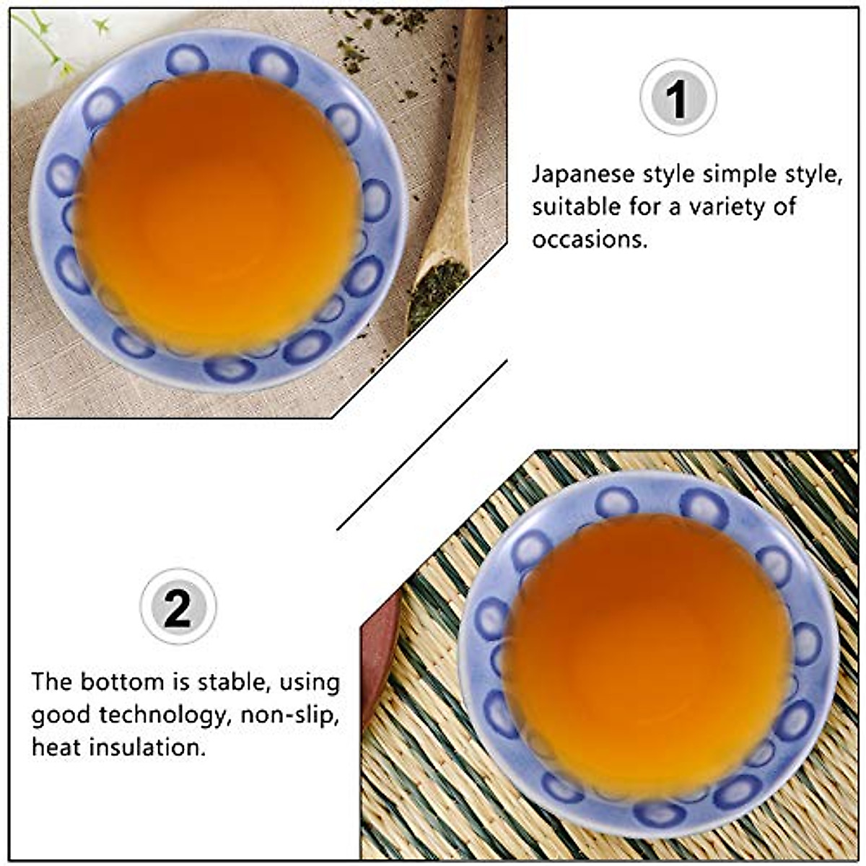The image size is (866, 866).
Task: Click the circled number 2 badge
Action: click(x=178, y=607)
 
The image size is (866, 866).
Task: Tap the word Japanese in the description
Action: click(x=583, y=175)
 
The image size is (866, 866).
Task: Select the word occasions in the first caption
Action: click(x=590, y=239)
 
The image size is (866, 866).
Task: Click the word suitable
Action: click(x=575, y=207)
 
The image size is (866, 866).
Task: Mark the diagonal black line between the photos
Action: click(x=422, y=444)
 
